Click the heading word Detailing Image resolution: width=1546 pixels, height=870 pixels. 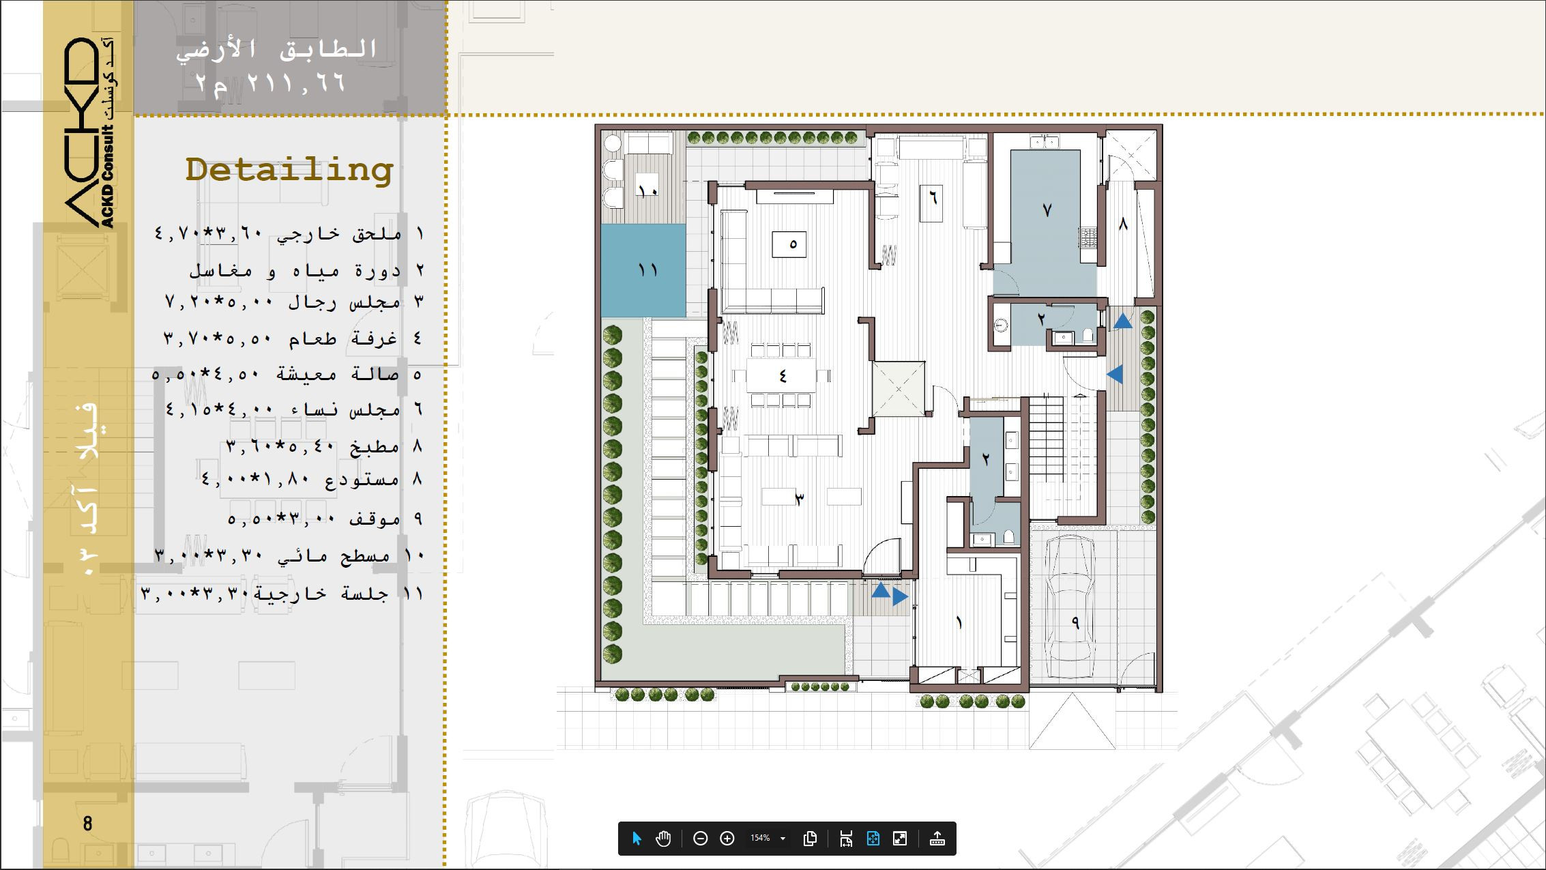pos(289,170)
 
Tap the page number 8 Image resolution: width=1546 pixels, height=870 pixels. pos(87,824)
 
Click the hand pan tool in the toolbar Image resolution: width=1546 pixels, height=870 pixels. pos(663,839)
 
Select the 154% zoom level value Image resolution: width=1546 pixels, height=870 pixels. pos(760,838)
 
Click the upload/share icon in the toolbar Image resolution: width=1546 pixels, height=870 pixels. pos(937,839)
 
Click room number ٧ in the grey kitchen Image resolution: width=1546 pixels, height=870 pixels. pos(1047,210)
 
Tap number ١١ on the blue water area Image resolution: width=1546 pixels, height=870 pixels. pos(647,270)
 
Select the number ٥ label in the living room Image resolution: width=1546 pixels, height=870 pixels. pos(793,244)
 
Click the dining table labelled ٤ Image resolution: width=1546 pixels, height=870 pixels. pos(782,376)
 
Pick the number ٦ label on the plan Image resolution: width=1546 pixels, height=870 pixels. pos(932,199)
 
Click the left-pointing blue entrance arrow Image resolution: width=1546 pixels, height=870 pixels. pos(1115,374)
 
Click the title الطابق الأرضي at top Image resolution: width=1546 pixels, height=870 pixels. pos(276,49)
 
